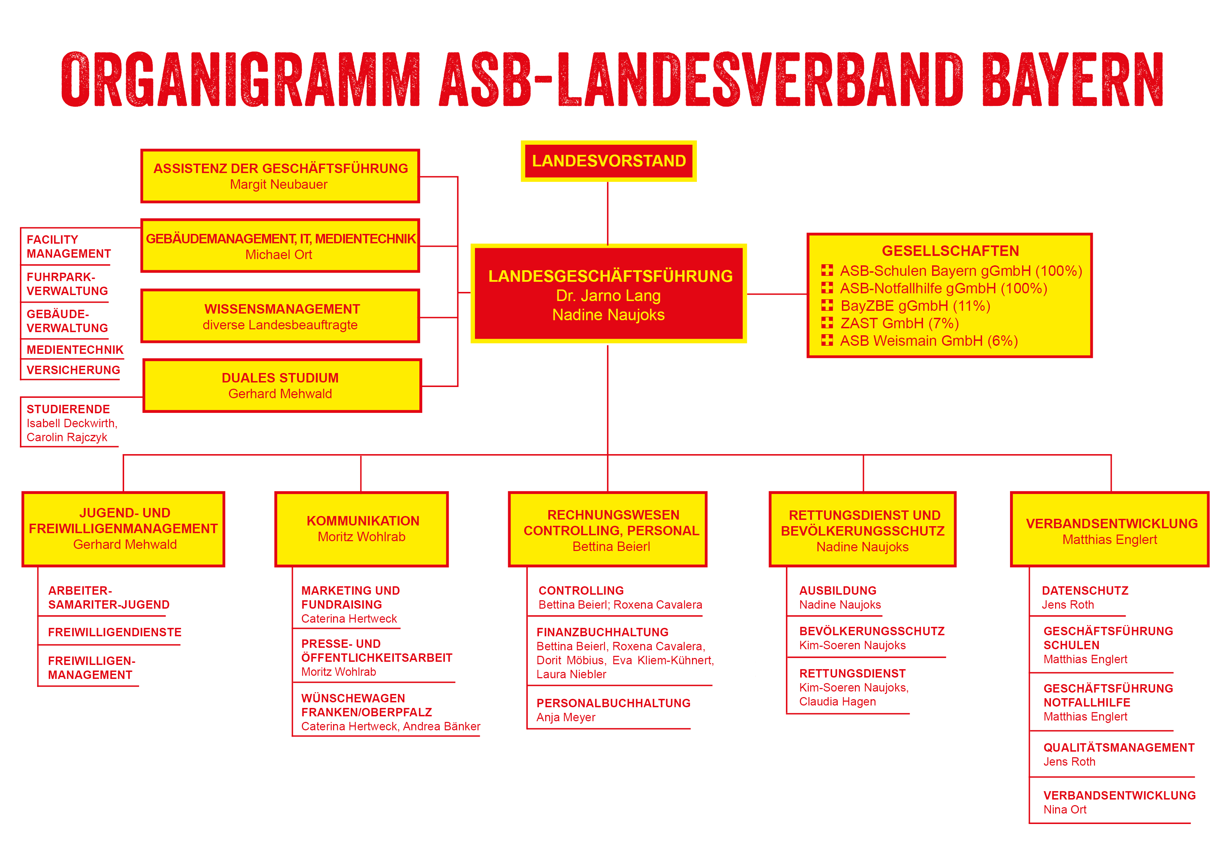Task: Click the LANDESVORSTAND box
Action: pyautogui.click(x=609, y=161)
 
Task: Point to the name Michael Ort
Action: pyautogui.click(x=279, y=255)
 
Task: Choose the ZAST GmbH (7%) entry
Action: pyautogui.click(x=899, y=323)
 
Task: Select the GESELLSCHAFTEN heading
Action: pyautogui.click(x=951, y=251)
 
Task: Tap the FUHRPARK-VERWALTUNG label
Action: pyautogui.click(x=67, y=284)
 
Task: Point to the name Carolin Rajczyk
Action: pyautogui.click(x=67, y=437)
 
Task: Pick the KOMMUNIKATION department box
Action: pyautogui.click(x=361, y=529)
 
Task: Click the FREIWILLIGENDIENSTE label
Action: pyautogui.click(x=115, y=632)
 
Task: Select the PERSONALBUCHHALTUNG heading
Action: pyautogui.click(x=614, y=703)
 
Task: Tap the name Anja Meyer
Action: pyautogui.click(x=566, y=717)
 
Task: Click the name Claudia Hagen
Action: pyautogui.click(x=837, y=702)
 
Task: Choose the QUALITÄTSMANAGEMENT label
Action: pyautogui.click(x=1119, y=747)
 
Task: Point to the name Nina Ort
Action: pyautogui.click(x=1065, y=810)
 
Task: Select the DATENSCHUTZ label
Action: pyautogui.click(x=1085, y=591)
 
